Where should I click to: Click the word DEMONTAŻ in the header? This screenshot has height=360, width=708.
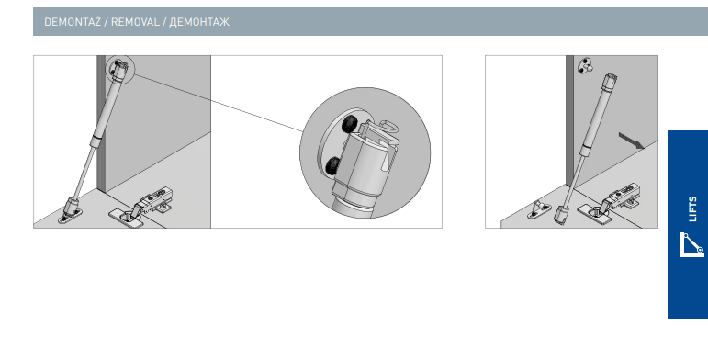click(73, 22)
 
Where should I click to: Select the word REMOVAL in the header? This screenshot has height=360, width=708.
click(135, 22)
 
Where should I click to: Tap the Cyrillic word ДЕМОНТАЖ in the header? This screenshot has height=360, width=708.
click(199, 22)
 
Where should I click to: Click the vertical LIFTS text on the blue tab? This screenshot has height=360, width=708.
click(692, 209)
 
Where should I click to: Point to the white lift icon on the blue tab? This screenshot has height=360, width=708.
click(691, 245)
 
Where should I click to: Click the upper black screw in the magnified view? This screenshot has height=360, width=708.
click(350, 124)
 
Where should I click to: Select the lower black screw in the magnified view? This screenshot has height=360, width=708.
click(333, 166)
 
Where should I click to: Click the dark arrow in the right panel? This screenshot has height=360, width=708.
click(631, 140)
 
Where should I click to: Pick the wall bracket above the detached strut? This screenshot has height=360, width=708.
click(585, 65)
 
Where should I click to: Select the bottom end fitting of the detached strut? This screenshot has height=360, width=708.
click(561, 215)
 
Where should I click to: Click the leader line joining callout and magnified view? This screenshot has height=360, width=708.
click(218, 104)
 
